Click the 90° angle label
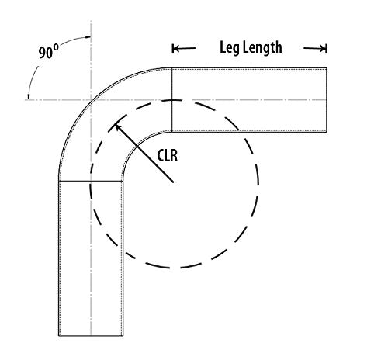click(x=49, y=51)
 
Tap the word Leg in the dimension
click(x=230, y=48)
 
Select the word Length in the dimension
click(x=262, y=48)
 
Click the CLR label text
click(x=168, y=156)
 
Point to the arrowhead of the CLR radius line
click(x=117, y=126)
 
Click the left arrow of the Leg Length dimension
click(x=184, y=48)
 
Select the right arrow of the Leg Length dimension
click(x=315, y=48)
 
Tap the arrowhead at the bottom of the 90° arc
click(x=29, y=97)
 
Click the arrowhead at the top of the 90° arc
click(x=88, y=37)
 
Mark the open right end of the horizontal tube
click(x=326, y=100)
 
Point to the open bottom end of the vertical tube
click(x=91, y=336)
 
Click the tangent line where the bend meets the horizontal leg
click(x=172, y=100)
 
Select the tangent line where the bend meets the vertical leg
click(x=91, y=181)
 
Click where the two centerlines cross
click(x=91, y=100)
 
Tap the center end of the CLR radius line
click(x=173, y=182)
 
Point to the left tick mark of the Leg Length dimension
click(x=172, y=48)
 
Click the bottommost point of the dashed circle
click(x=174, y=268)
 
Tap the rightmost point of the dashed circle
click(x=258, y=184)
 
